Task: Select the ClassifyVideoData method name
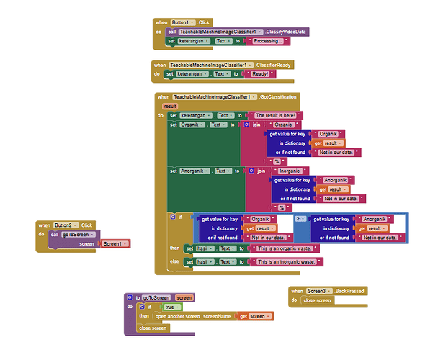[285, 32]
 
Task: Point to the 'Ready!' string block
[259, 74]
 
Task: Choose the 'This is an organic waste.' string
[288, 248]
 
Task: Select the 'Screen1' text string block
[114, 244]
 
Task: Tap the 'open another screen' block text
[175, 316]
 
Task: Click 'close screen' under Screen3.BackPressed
[318, 300]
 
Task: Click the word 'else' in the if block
[175, 261]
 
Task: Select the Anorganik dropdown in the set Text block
[195, 171]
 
